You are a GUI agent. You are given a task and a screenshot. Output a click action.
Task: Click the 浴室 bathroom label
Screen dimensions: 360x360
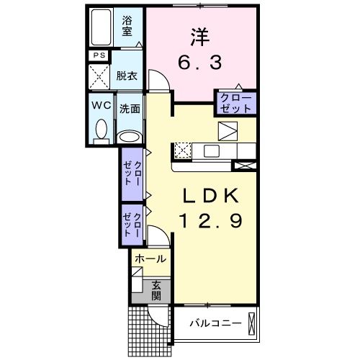127,25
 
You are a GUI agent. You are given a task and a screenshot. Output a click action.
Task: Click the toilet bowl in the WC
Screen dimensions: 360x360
101,130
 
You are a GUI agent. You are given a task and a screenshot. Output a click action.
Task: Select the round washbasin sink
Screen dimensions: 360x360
129,135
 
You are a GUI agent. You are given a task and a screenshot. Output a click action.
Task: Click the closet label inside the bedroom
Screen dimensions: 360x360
235,102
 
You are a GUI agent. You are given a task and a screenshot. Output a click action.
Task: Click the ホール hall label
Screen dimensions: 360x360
150,258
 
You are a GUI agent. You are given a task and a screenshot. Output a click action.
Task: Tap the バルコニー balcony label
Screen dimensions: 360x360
215,323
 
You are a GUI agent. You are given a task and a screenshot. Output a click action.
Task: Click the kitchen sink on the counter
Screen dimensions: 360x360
212,150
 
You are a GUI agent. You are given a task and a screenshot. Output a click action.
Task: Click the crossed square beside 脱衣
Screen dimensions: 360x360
99,75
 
